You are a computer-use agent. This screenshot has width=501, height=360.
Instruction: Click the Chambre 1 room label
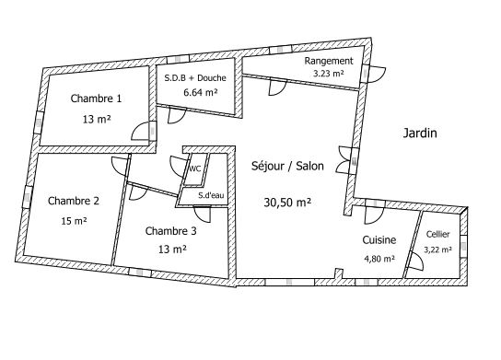coord(96,99)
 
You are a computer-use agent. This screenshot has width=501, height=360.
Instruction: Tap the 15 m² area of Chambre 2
coord(74,221)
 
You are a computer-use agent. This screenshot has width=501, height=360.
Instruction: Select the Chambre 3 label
coord(170,231)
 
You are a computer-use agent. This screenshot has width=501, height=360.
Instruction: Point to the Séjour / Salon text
coord(287,166)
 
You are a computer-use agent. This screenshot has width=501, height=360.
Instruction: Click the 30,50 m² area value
coord(287,203)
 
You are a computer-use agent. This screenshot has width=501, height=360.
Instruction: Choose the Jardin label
coord(420,133)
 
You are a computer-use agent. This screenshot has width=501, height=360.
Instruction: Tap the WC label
coord(195,168)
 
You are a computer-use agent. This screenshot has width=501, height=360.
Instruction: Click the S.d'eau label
coord(211,195)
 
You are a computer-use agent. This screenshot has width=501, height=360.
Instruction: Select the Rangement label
coord(329,61)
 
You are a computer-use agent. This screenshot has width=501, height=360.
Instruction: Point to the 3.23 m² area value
coord(329,74)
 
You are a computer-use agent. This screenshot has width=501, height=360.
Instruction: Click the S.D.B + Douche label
coord(195,78)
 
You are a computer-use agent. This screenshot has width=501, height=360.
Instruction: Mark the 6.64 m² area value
coord(201,93)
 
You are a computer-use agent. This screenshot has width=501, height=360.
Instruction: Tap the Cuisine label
coord(379,240)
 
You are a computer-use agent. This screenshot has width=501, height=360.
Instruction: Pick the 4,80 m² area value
coord(379,259)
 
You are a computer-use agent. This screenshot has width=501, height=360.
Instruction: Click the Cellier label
coord(437,234)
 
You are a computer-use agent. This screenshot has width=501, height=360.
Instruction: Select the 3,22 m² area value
coord(437,250)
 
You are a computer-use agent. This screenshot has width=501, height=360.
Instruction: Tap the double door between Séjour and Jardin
coord(344,160)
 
